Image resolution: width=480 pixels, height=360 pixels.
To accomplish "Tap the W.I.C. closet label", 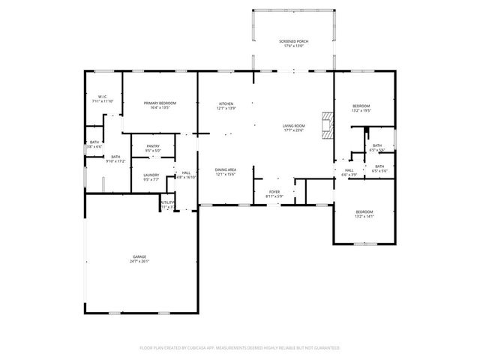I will coord(102,97).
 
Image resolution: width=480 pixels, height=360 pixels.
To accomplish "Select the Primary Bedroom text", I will coord(160,103).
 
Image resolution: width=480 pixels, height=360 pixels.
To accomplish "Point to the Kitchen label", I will coord(226,103).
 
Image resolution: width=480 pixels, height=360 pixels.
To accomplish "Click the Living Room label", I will coord(293,125).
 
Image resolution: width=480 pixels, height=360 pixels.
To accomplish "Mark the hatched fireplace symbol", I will coord(326,125).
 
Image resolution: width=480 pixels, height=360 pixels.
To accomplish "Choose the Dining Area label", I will coord(226,169).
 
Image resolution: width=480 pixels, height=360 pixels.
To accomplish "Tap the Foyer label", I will coord(274,192).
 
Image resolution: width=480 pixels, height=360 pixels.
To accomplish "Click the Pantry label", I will coord(153,146).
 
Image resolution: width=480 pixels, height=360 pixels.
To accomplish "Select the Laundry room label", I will coord(151,175).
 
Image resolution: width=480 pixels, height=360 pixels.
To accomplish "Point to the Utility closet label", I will coord(167,202).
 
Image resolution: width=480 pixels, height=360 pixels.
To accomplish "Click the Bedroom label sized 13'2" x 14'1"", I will coord(364,212).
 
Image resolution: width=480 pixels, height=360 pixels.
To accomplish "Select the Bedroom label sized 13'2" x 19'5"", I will coord(361,106).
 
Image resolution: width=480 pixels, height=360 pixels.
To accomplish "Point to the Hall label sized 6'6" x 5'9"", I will coord(349,170).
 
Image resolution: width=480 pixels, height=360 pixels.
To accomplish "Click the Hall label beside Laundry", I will coord(186,173).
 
